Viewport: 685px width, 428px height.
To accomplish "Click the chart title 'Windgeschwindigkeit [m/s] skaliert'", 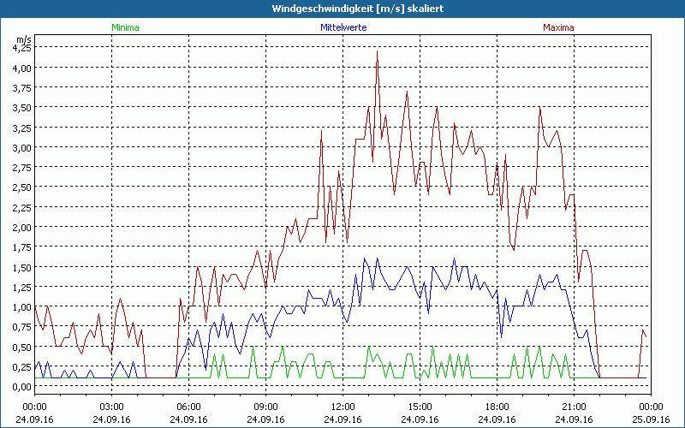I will coord(342,8).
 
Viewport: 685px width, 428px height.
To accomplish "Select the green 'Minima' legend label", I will coord(125,27).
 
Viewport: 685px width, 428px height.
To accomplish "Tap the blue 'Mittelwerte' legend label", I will coord(342,27).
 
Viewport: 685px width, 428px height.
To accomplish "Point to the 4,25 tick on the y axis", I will coord(21,47).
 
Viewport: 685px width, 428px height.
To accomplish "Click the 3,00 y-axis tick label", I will coord(21,147).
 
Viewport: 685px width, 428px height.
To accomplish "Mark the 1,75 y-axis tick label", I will coord(21,247).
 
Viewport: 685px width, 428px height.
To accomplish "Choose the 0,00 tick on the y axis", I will coord(21,387).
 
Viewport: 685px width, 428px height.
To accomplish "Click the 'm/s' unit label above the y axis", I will coord(23,39).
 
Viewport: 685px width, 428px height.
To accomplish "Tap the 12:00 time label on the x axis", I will coord(342,407).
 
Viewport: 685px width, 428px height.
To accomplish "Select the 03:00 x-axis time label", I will coord(112,407).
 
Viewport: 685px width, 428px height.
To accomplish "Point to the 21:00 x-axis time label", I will coord(574,407).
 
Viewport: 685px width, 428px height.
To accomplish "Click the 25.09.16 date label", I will coord(651,419).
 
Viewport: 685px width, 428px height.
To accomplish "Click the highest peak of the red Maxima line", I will coord(377,51).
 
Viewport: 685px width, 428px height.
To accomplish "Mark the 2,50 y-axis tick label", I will coord(21,187).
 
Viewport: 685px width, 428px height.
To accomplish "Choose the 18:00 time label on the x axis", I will coord(497,407).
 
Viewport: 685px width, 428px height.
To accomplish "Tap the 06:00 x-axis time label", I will coord(189,407).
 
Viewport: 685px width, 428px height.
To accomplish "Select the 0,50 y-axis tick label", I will coord(21,347).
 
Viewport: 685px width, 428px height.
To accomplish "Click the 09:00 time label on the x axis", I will coord(265,407).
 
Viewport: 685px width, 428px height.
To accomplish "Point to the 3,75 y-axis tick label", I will coord(21,87).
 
